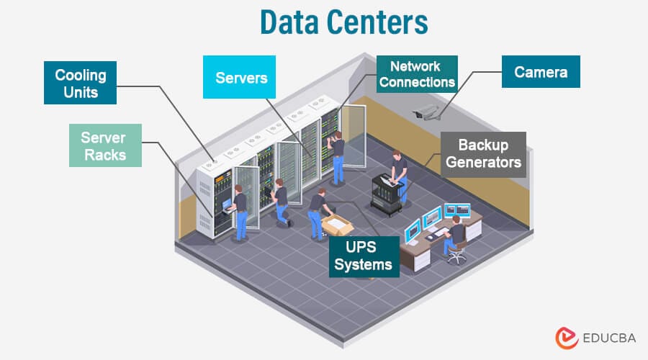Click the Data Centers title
tap(343, 23)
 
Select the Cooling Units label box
tap(81, 83)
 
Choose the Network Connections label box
tap(417, 74)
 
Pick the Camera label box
tap(541, 72)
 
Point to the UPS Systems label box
tap(364, 256)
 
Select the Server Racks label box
tap(104, 145)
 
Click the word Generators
tap(483, 163)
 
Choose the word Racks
tap(104, 154)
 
